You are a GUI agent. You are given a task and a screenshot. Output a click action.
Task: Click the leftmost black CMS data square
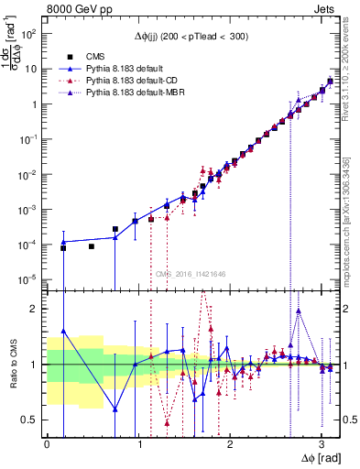coord(63,248)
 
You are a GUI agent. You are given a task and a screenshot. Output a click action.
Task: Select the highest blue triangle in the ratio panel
coord(63,331)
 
